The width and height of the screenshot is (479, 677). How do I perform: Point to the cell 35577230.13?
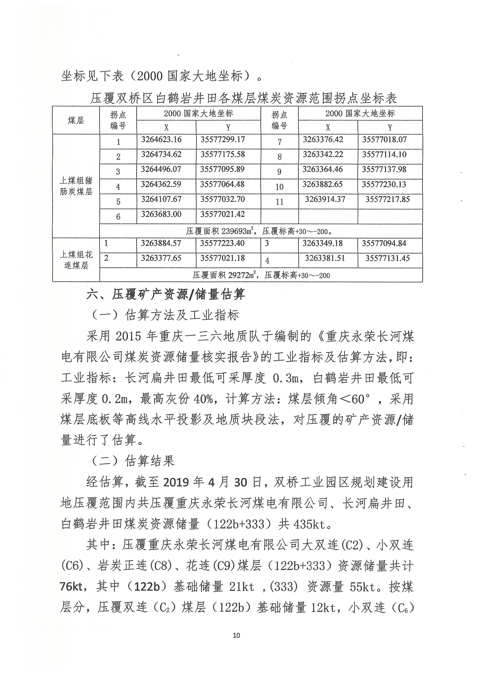tap(384, 185)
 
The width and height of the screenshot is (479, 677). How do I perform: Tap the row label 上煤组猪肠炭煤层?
tap(76, 186)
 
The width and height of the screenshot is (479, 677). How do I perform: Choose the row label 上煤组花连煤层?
tap(76, 260)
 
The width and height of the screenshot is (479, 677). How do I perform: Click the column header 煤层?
tap(76, 120)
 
